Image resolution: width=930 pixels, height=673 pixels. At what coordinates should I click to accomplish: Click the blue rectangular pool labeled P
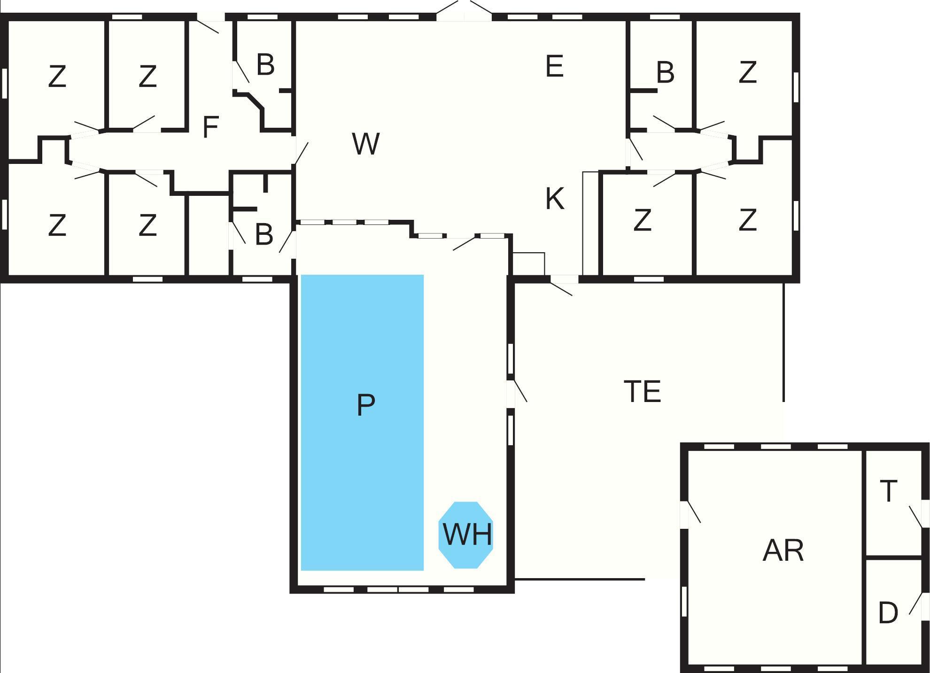coord(362,422)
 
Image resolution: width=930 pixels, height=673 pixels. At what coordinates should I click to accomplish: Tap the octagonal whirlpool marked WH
coord(466,534)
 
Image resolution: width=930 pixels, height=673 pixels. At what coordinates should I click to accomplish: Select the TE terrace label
coord(642,392)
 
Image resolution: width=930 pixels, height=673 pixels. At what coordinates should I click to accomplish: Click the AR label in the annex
coord(783,550)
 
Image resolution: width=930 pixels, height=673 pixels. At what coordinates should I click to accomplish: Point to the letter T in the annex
coord(888,491)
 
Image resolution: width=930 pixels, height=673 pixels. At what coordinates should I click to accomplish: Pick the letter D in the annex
coord(888,613)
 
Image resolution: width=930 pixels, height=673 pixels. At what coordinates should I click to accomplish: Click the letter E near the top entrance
coord(554,66)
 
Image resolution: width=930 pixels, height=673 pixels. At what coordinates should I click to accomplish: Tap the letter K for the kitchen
coord(554,199)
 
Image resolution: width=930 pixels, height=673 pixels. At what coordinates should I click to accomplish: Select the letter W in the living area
coord(365,144)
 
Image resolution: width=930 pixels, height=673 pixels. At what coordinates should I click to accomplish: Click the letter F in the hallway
coord(211,127)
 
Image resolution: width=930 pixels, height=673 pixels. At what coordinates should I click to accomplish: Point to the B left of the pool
coord(264,234)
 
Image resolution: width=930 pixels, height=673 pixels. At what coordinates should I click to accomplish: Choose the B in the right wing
coord(665,73)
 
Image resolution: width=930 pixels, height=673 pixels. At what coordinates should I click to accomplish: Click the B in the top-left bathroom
coord(265,65)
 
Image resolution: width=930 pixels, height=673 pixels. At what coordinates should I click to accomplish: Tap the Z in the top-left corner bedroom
coord(57,77)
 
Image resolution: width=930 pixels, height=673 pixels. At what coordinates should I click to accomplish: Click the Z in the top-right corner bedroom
coord(747,73)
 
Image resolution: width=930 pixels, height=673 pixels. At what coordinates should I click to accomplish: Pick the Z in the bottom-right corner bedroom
coord(747,220)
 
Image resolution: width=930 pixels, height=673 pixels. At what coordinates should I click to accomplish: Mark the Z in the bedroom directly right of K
coord(642,220)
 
